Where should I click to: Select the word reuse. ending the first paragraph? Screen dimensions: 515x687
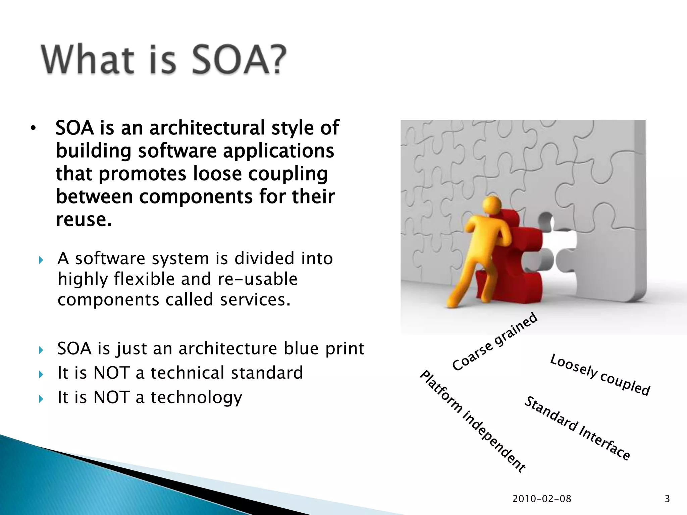84,220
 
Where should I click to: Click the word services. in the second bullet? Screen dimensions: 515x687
255,299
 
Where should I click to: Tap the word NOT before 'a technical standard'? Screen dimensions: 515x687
111,373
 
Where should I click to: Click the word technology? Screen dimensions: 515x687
196,398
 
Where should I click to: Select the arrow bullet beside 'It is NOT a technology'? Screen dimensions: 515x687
41,399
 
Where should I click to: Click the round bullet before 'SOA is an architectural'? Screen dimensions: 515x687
33,128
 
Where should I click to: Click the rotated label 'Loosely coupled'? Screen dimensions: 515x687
600,375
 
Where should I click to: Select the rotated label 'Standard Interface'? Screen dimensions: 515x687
577,428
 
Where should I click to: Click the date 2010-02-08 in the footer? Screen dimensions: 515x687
542,499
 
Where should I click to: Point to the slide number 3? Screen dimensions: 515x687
667,499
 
